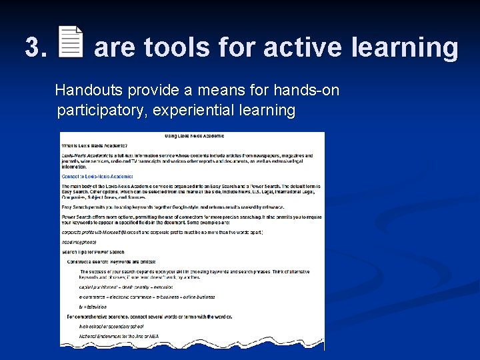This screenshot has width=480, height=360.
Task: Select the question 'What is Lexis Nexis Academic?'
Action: click(x=94, y=145)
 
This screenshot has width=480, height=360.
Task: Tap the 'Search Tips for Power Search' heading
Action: click(x=93, y=252)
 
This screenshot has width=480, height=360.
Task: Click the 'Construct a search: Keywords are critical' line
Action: click(x=111, y=262)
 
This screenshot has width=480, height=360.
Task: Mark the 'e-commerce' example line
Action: click(x=147, y=297)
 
